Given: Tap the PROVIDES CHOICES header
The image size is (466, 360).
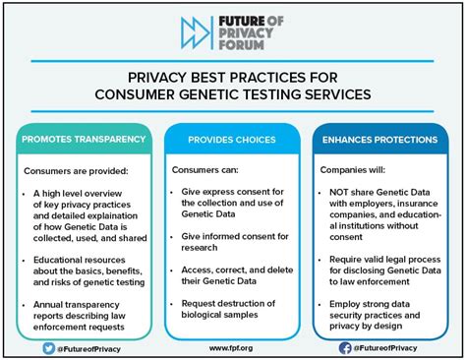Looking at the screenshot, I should click(x=232, y=139).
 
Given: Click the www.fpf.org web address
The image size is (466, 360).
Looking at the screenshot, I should click(x=232, y=347).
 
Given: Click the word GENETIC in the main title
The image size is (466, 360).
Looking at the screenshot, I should click(x=248, y=94).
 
